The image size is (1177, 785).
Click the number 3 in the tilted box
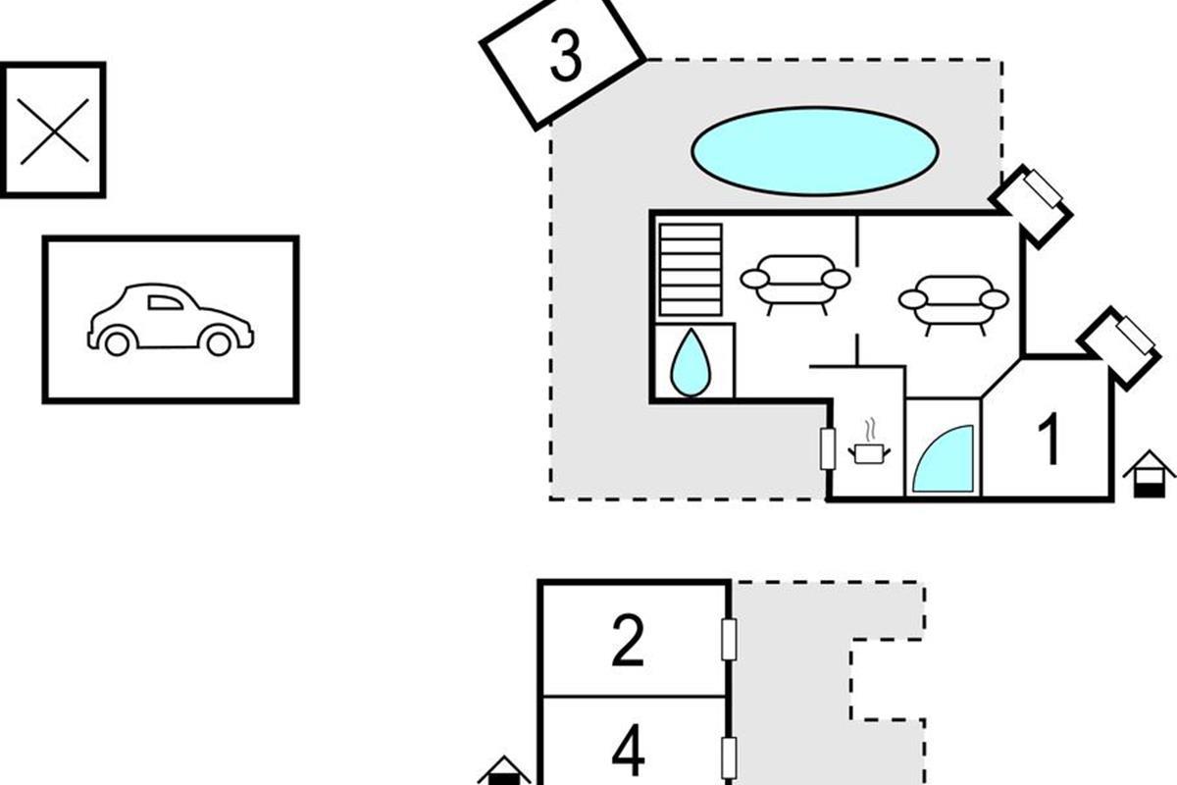pyautogui.click(x=566, y=55)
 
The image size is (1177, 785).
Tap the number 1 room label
pyautogui.click(x=1049, y=439)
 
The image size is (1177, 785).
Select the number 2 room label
pyautogui.click(x=628, y=641)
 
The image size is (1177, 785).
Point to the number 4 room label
pyautogui.click(x=629, y=750)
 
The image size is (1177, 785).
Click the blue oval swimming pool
pyautogui.click(x=814, y=151)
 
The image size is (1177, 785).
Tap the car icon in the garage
pyautogui.click(x=171, y=320)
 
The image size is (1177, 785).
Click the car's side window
pyautogui.click(x=165, y=302)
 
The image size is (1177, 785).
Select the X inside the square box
pyautogui.click(x=54, y=131)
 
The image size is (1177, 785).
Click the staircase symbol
pyautogui.click(x=691, y=270)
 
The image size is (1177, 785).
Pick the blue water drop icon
pyautogui.click(x=691, y=363)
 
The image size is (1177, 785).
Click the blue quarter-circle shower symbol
pyautogui.click(x=944, y=459)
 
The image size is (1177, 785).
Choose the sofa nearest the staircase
pyautogui.click(x=795, y=285)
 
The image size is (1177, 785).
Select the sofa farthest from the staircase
pyautogui.click(x=953, y=305)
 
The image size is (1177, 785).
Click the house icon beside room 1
pyautogui.click(x=1149, y=474)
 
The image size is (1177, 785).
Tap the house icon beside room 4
pyautogui.click(x=504, y=771)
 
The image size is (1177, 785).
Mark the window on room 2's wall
pyautogui.click(x=729, y=640)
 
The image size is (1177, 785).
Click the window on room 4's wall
pyautogui.click(x=729, y=758)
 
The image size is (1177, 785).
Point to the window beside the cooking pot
pyautogui.click(x=828, y=448)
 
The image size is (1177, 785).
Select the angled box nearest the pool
pyautogui.click(x=1031, y=207)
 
